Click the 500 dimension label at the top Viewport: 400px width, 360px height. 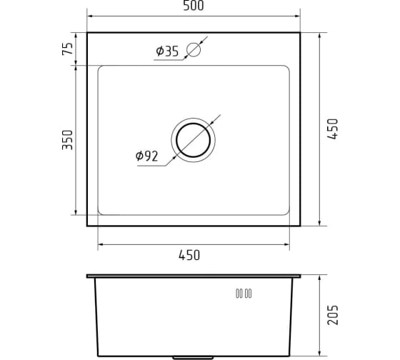point(194,6)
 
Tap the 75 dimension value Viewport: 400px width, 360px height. point(68,49)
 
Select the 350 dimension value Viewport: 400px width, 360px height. point(68,140)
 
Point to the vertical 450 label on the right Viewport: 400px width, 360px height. point(333,129)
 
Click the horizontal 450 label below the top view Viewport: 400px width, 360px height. point(189,256)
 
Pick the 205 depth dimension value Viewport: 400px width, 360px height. point(333,315)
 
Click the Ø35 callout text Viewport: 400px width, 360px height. point(167,51)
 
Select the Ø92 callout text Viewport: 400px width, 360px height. point(146,156)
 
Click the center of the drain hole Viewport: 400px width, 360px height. point(193,140)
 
